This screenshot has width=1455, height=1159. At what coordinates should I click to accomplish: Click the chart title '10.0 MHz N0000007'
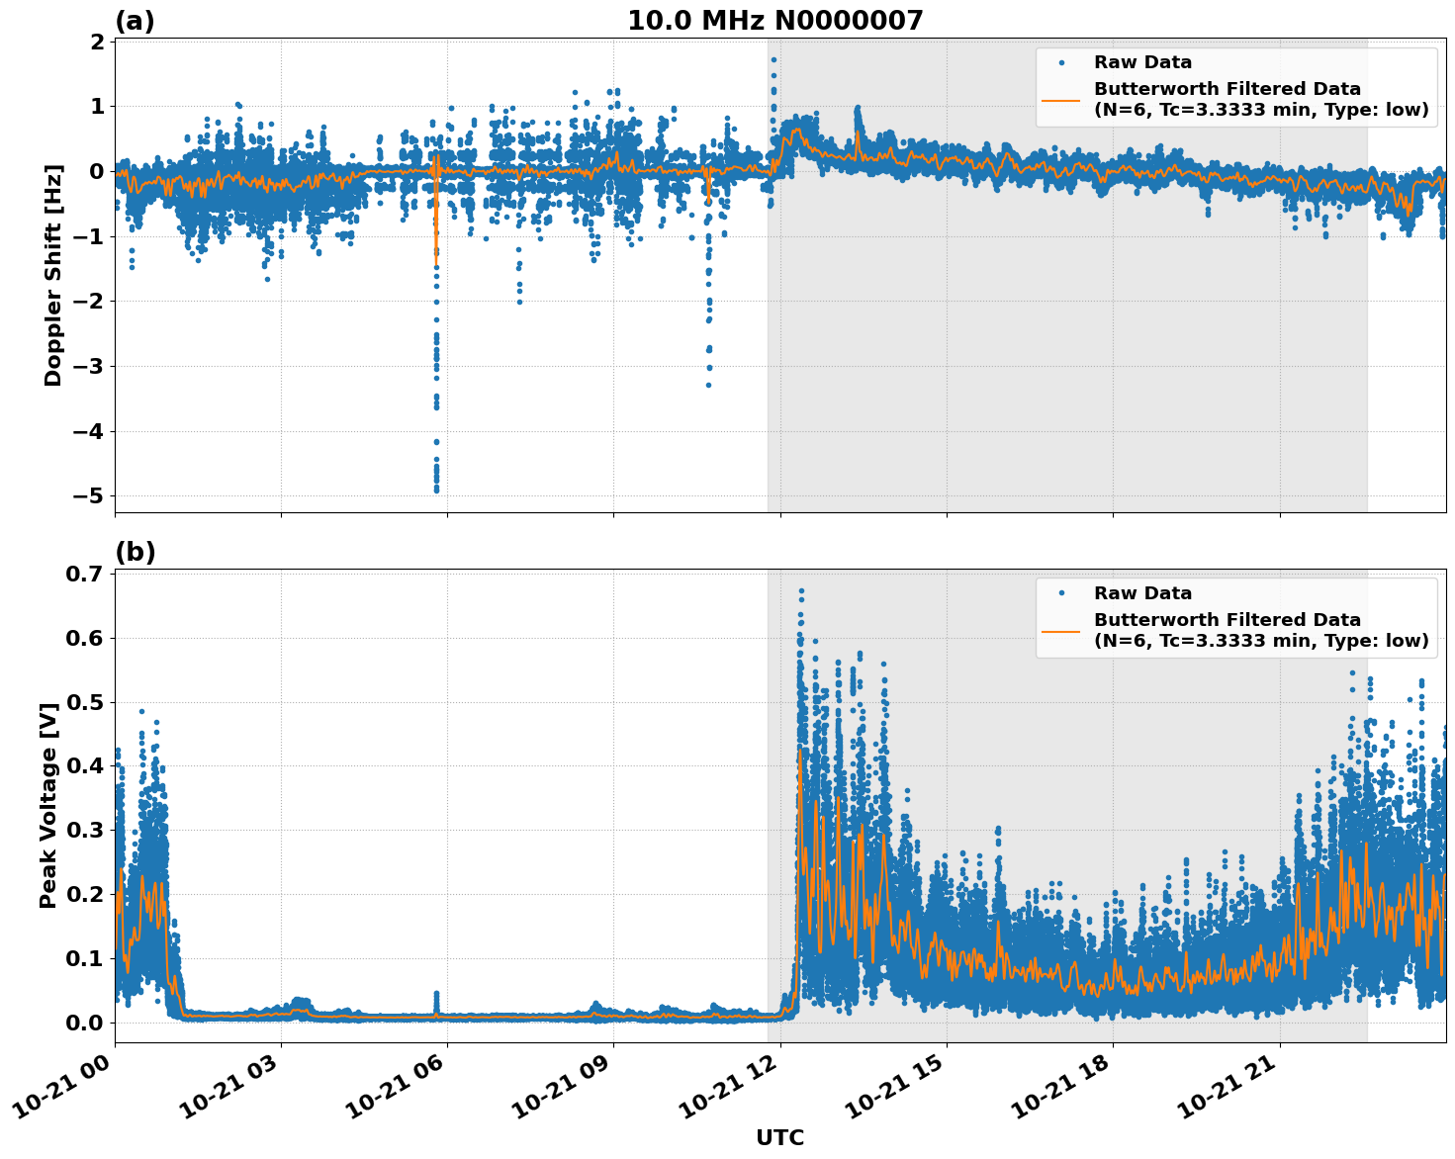click(774, 21)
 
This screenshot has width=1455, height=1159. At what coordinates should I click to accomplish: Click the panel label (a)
click(135, 21)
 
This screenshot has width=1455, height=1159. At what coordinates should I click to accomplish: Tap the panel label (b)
click(135, 552)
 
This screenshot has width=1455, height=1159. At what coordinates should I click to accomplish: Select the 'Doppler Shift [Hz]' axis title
click(52, 275)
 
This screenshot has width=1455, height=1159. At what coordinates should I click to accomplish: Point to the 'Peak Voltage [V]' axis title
click(48, 805)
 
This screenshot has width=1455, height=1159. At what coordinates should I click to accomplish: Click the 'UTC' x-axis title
click(779, 1137)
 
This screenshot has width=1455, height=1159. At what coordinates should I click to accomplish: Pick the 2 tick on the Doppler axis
click(97, 42)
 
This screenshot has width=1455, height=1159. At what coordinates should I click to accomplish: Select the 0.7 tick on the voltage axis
click(87, 575)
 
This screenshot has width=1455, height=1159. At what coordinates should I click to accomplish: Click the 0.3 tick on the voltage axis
click(87, 830)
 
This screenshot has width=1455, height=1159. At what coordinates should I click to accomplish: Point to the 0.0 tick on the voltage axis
click(87, 1022)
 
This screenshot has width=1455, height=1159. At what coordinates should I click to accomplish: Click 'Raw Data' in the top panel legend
click(1142, 62)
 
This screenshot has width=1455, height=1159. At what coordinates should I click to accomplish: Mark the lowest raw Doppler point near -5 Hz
click(436, 490)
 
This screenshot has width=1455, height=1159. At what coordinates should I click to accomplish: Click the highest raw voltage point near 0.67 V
click(801, 591)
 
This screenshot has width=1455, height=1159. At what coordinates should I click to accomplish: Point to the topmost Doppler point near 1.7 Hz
click(773, 59)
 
